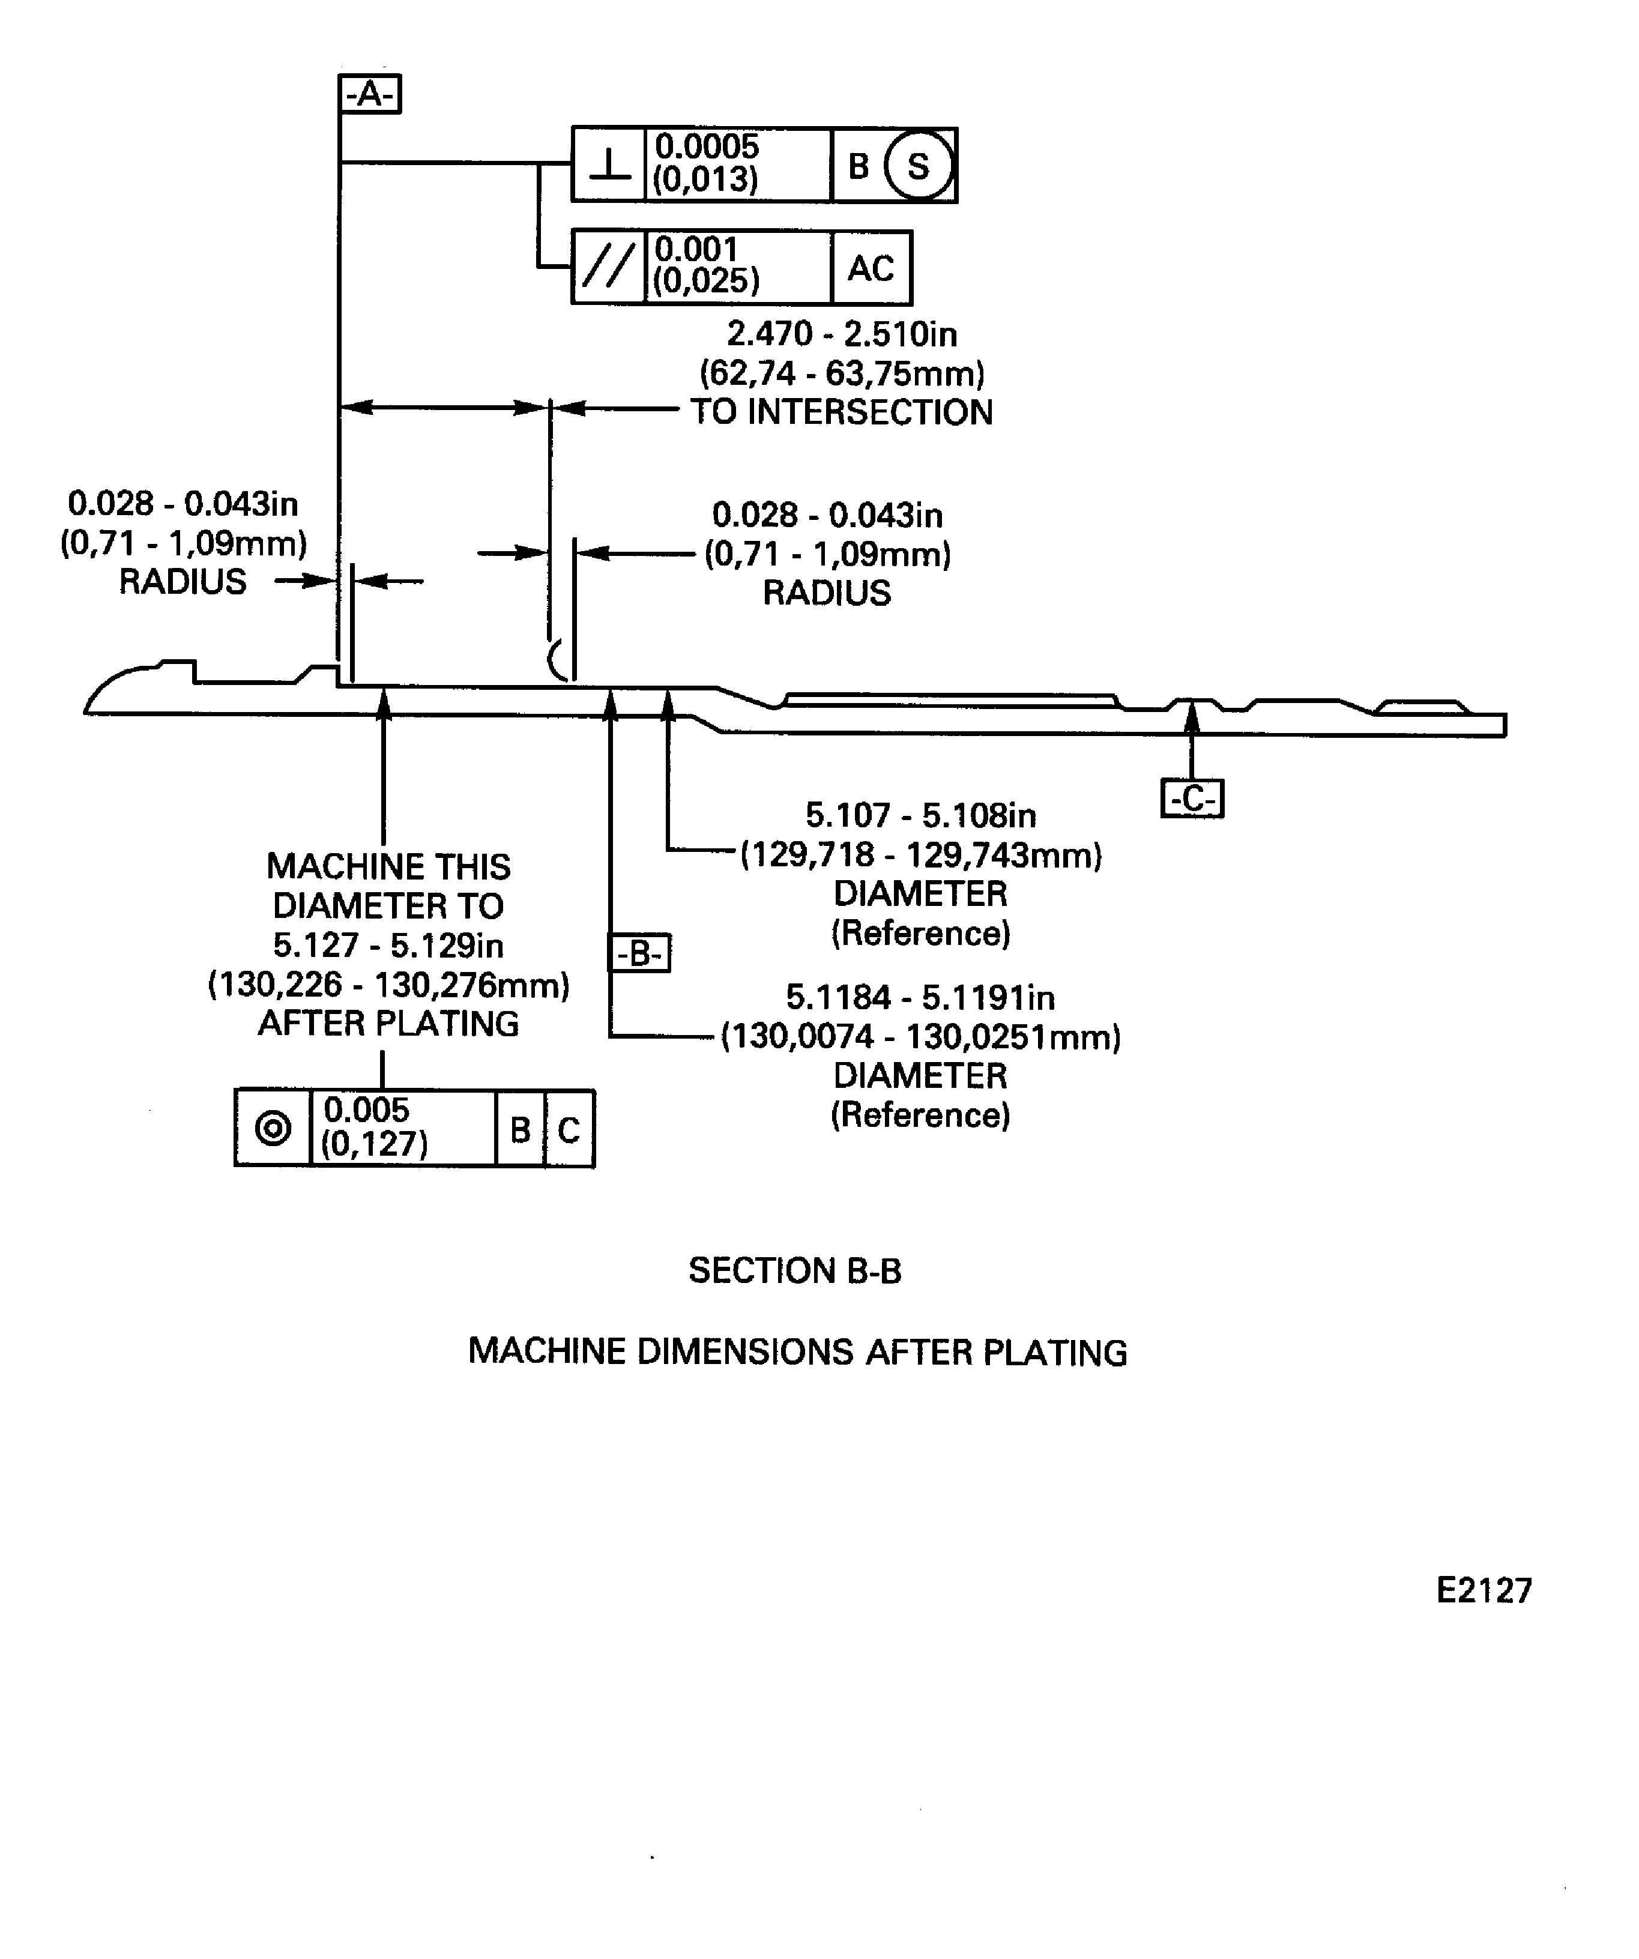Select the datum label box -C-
pyautogui.click(x=1192, y=798)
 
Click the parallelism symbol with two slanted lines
pyautogui.click(x=608, y=268)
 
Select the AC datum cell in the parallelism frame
pyautogui.click(x=871, y=268)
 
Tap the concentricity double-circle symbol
pyautogui.click(x=273, y=1129)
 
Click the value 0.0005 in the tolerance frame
pyautogui.click(x=707, y=146)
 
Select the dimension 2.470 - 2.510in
pyautogui.click(x=842, y=334)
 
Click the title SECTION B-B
pyautogui.click(x=795, y=1270)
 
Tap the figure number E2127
pyautogui.click(x=1484, y=1590)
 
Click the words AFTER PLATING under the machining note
pyautogui.click(x=388, y=1024)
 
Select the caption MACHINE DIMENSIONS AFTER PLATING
pyautogui.click(x=797, y=1351)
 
